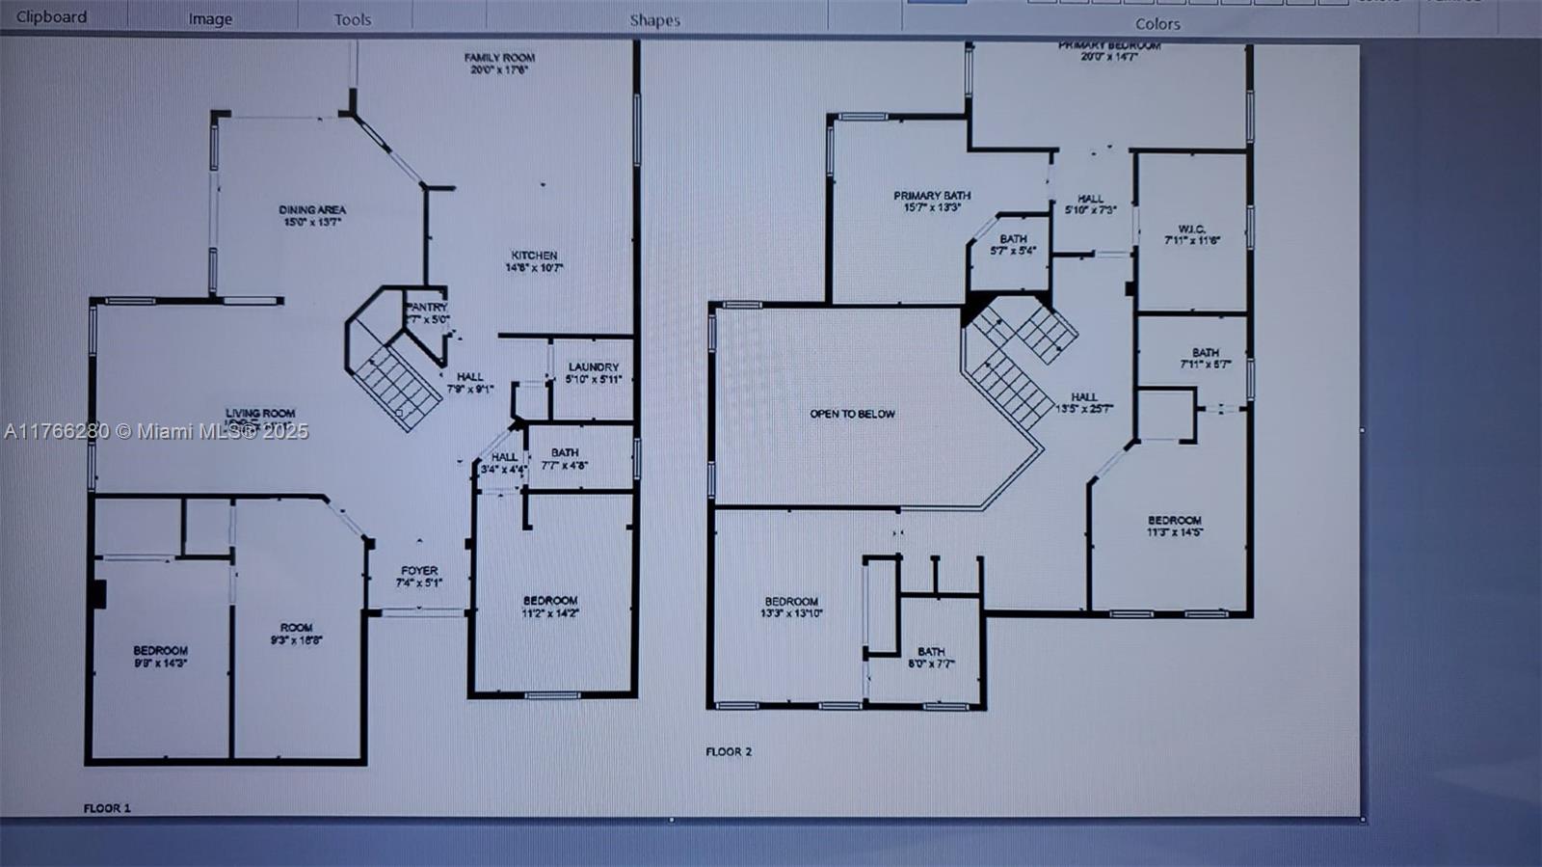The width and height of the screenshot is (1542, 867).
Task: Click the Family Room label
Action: tap(499, 64)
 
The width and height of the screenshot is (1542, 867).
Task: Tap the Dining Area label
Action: tap(312, 215)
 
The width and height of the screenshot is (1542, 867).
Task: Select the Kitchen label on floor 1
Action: tap(534, 261)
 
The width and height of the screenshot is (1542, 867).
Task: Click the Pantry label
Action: tap(426, 312)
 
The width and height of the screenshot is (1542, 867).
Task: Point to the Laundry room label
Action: tap(593, 372)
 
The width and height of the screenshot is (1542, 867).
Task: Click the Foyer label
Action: tap(419, 576)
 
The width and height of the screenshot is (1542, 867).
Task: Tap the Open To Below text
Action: tap(852, 414)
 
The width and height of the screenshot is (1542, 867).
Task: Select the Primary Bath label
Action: tap(931, 201)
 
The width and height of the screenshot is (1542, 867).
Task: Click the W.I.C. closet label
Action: tap(1192, 234)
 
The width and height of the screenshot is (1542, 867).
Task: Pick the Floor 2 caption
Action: tap(729, 751)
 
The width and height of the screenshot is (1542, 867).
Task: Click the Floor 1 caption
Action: tap(107, 808)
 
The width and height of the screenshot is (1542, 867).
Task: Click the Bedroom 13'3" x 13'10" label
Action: tap(790, 607)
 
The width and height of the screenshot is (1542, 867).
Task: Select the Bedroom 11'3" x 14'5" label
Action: tap(1174, 526)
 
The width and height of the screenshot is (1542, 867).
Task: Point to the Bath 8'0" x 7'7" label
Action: tap(931, 657)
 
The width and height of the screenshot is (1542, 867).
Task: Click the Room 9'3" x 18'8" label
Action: tap(296, 633)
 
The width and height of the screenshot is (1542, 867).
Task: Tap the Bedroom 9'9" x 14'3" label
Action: tap(160, 656)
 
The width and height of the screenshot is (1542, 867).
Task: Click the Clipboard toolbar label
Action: tap(51, 16)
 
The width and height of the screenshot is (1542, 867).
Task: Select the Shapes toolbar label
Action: tap(654, 20)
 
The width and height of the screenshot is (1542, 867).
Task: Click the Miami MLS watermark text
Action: tap(156, 431)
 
